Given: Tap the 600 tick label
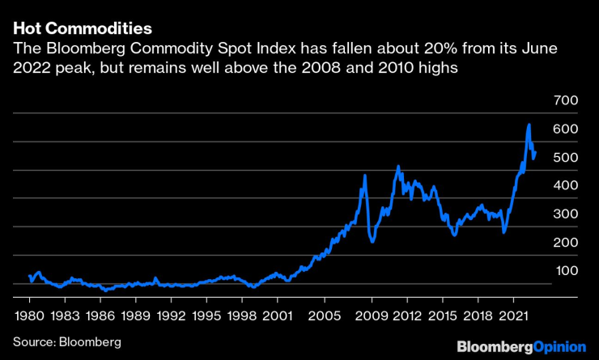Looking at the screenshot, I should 567,129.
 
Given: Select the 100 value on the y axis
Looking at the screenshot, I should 567,270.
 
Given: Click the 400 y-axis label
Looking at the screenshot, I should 567,185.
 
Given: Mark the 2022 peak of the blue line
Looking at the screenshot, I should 529,125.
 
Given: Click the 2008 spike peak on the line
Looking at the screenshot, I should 365,176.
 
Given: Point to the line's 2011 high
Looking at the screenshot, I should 398,167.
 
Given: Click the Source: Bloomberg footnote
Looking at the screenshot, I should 66,342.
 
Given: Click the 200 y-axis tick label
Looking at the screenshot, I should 567,242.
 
